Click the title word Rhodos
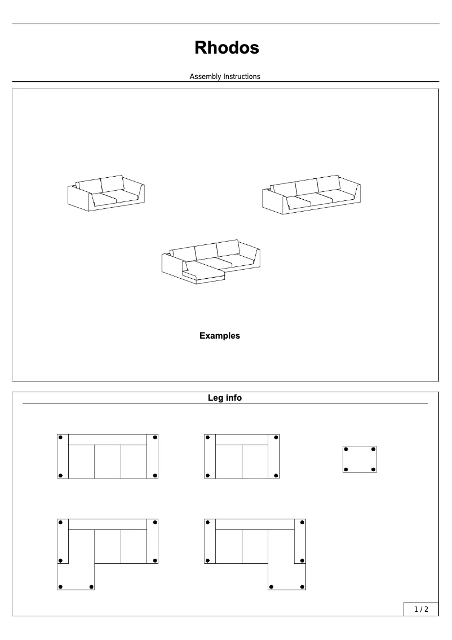pyautogui.click(x=227, y=48)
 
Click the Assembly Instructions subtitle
pyautogui.click(x=225, y=76)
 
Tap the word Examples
pyautogui.click(x=219, y=336)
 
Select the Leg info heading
pyautogui.click(x=225, y=398)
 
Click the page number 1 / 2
pyautogui.click(x=421, y=609)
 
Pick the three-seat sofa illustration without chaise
pyautogui.click(x=311, y=195)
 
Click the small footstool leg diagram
pyautogui.click(x=360, y=459)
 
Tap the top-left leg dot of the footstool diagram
pyautogui.click(x=347, y=449)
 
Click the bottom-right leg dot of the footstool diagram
pyautogui.click(x=373, y=469)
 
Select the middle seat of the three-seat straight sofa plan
pyautogui.click(x=108, y=461)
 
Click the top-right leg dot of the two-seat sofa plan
pyautogui.click(x=276, y=437)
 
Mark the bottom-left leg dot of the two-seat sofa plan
pyautogui.click(x=207, y=475)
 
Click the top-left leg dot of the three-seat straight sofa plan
pyautogui.click(x=60, y=437)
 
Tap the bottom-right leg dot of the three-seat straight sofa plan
pyautogui.click(x=154, y=475)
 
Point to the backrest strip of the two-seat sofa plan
pyautogui.click(x=242, y=440)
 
